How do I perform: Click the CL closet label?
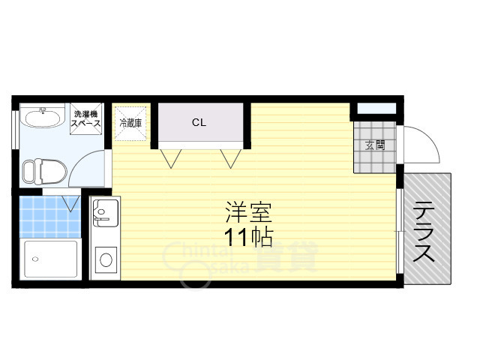(199, 123)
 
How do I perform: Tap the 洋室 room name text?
(248, 212)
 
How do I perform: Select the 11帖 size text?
(248, 238)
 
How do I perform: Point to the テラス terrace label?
(424, 232)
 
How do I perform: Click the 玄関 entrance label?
(375, 145)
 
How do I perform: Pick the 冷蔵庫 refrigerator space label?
(130, 123)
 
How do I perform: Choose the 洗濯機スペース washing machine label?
(85, 118)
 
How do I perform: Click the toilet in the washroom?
(45, 172)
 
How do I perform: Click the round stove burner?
(106, 260)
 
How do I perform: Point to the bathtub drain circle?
(35, 259)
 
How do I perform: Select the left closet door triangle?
(171, 158)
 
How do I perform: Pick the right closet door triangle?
(230, 158)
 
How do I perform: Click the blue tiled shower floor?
(50, 217)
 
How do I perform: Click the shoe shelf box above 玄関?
(376, 108)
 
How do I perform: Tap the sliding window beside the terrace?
(399, 231)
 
